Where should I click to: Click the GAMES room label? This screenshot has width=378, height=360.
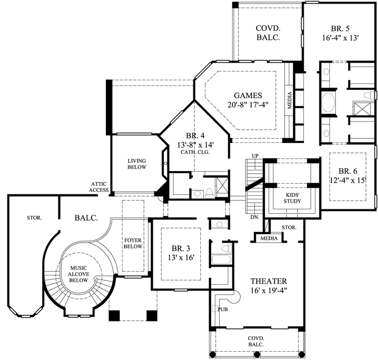click(247, 95)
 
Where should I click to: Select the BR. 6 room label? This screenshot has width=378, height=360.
click(347, 171)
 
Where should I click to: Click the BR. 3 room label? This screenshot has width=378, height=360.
click(175, 249)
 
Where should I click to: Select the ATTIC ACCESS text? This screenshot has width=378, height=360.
click(99, 187)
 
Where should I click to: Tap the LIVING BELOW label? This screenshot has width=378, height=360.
click(137, 164)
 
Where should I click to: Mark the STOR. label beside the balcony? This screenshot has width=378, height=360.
click(20, 218)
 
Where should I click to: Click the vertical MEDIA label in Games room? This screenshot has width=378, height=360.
click(290, 100)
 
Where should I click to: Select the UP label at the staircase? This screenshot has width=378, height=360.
click(255, 156)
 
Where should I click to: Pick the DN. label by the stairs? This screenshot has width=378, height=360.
click(254, 217)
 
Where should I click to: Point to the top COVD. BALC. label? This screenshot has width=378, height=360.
click(269, 33)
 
